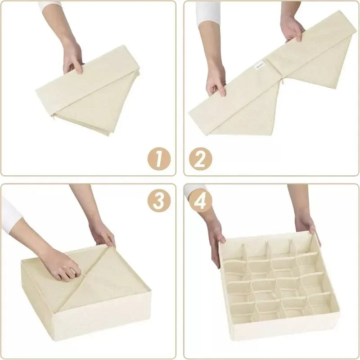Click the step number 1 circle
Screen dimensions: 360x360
pos(158,158)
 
